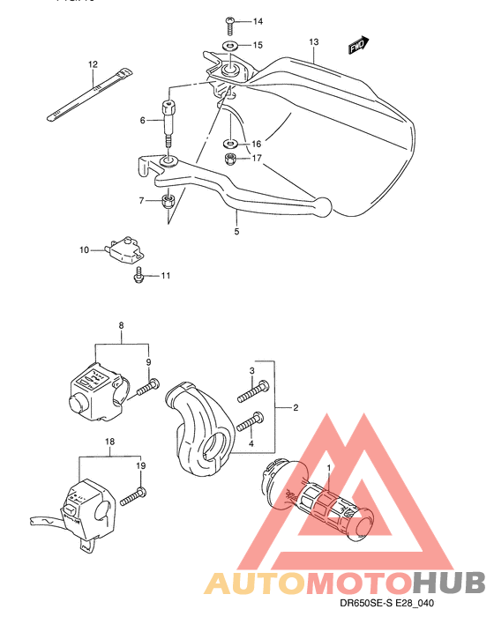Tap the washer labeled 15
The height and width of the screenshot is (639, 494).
pyautogui.click(x=228, y=44)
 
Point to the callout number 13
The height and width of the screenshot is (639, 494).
pyautogui.click(x=313, y=41)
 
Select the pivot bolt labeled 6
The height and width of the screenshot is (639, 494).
pyautogui.click(x=168, y=120)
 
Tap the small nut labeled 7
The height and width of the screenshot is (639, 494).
pyautogui.click(x=168, y=202)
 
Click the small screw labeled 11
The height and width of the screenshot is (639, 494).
pyautogui.click(x=137, y=277)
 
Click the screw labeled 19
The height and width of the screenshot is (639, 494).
pyautogui.click(x=133, y=497)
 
